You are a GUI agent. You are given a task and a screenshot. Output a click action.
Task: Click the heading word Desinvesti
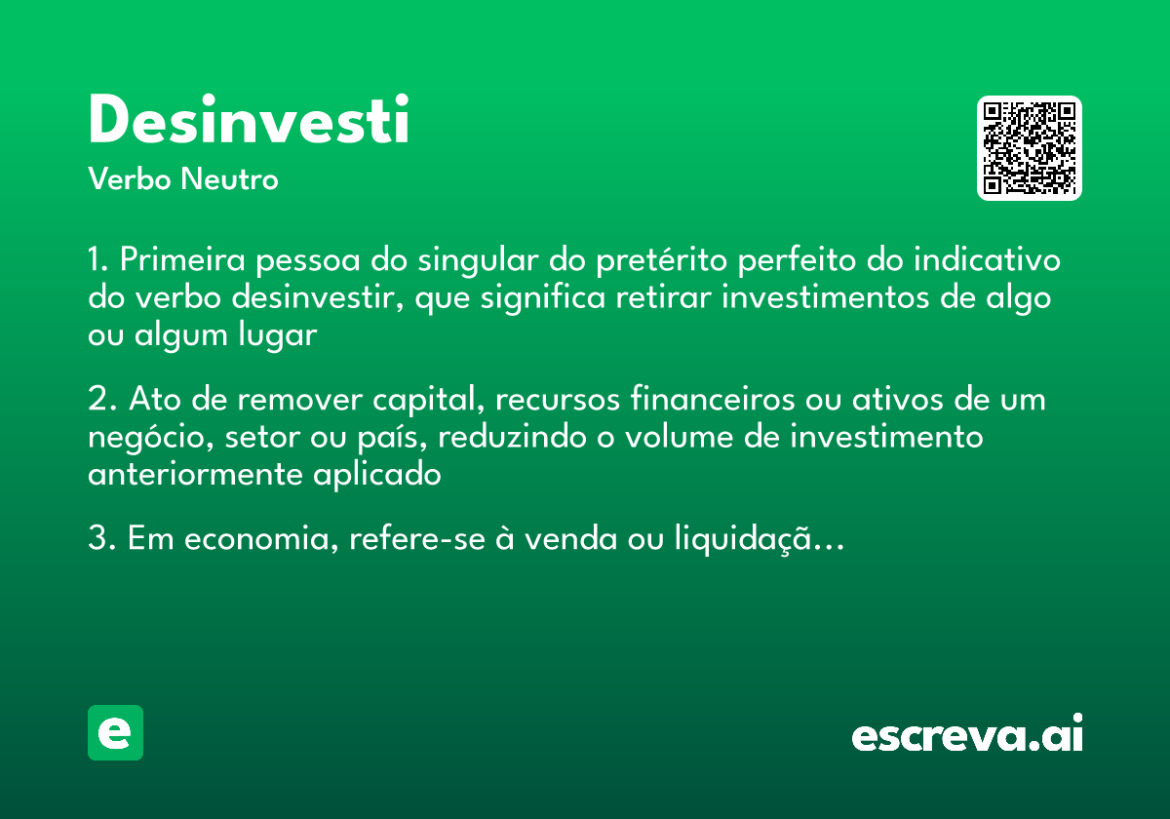[x=249, y=122]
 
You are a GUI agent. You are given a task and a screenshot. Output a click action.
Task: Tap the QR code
[x=1030, y=148]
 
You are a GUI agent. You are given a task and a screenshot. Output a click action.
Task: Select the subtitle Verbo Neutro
[x=183, y=180]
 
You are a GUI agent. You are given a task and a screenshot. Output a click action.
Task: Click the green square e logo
[x=115, y=732]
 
